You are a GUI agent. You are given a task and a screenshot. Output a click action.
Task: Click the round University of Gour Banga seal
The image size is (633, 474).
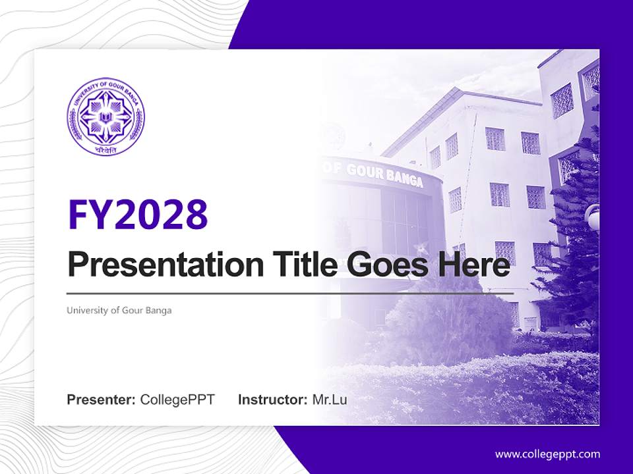point(105,117)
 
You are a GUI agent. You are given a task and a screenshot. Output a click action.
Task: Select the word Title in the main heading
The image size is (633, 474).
point(302,266)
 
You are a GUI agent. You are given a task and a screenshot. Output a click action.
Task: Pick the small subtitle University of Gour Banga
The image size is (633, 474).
point(119,310)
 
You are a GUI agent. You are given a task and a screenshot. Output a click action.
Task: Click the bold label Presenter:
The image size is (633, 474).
point(102,400)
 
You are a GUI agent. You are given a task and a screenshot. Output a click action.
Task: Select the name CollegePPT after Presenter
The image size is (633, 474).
point(177,400)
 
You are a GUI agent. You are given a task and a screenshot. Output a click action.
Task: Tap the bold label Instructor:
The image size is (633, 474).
point(272,400)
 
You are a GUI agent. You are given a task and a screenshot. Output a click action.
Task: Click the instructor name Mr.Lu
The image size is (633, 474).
point(330,400)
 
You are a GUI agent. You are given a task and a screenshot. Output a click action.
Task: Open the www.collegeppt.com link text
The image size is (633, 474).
point(547,454)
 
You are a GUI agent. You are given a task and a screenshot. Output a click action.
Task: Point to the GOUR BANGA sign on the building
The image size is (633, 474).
point(376,173)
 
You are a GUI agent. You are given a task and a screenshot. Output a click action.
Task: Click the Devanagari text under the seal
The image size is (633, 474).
point(105,149)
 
